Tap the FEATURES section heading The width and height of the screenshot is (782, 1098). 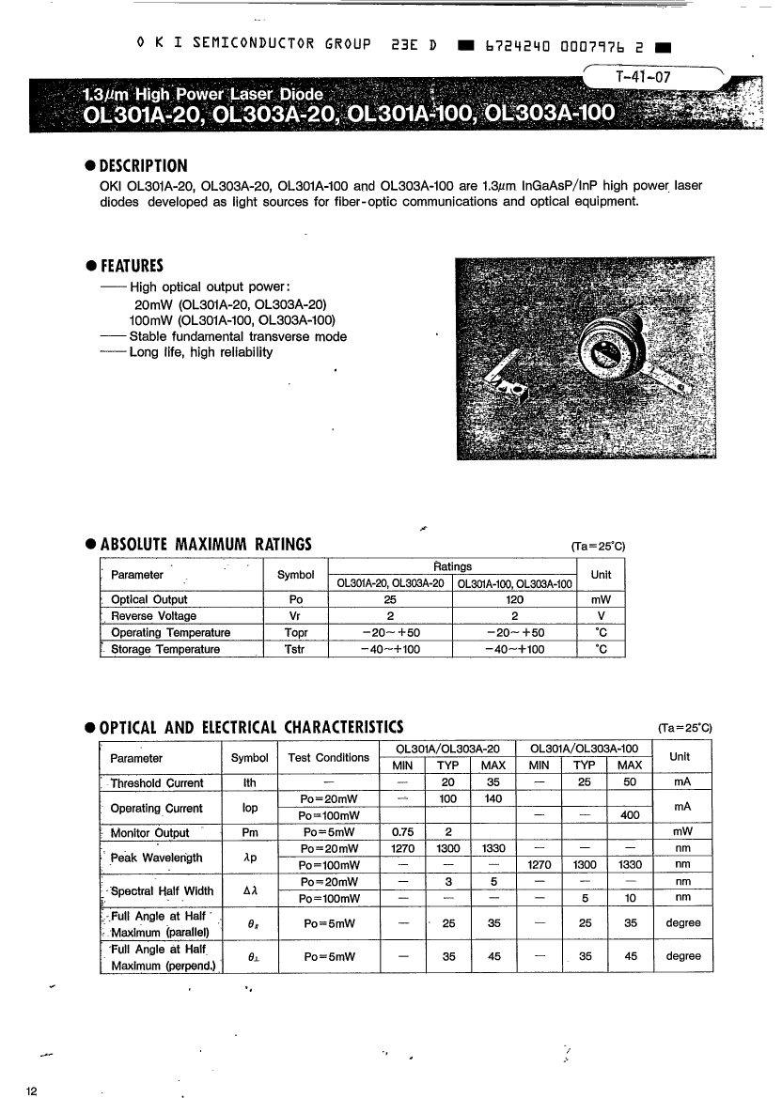click(x=132, y=265)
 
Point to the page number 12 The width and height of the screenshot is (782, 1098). click(x=33, y=1090)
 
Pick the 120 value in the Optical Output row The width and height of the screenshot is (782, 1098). click(x=514, y=599)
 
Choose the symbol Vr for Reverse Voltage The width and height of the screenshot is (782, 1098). click(x=295, y=616)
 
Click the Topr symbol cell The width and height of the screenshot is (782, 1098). click(x=295, y=633)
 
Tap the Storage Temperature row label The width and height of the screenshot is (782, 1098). click(x=165, y=649)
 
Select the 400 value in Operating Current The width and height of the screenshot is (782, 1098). click(x=631, y=815)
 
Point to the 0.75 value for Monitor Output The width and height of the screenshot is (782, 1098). click(x=402, y=832)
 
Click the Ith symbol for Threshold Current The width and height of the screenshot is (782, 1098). click(x=249, y=781)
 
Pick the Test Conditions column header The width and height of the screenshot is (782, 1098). click(x=328, y=758)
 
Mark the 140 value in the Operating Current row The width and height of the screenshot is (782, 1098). click(x=493, y=799)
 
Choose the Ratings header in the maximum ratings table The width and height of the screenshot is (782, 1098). click(x=453, y=566)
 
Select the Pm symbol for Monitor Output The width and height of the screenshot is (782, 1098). click(x=249, y=832)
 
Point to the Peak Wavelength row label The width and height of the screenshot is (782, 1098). click(x=156, y=858)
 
